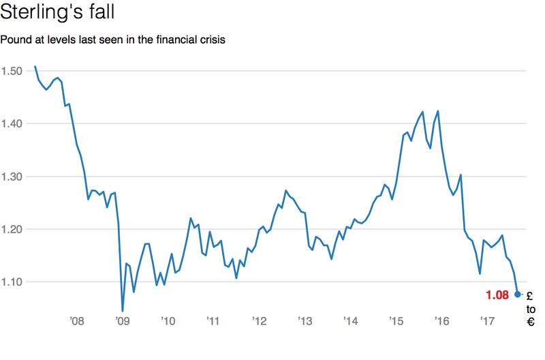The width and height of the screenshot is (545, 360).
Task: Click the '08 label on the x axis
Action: coord(76,321)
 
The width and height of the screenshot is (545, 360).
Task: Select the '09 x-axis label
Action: coord(122,321)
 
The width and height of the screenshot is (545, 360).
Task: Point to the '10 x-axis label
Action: coord(168,321)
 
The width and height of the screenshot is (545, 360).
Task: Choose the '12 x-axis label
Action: coord(259,321)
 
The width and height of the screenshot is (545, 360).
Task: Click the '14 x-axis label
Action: coord(350,321)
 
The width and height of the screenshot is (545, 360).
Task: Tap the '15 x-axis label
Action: coord(396,321)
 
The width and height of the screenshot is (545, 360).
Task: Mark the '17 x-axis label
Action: coord(487,321)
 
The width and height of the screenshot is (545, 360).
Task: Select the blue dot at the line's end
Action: coord(518,294)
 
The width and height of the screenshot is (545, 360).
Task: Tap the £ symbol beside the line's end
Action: coord(531,295)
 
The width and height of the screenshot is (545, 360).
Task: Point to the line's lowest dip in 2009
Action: coord(123,311)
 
